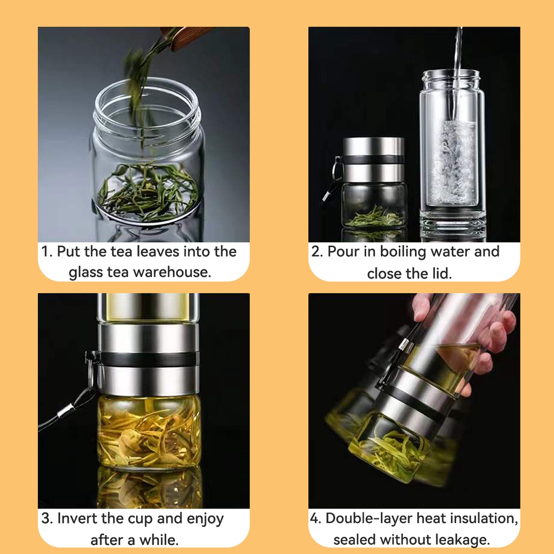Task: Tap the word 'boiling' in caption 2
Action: point(403,252)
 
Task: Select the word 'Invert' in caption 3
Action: point(77,518)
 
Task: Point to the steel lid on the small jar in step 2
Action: point(373,160)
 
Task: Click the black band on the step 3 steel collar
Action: point(148,359)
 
